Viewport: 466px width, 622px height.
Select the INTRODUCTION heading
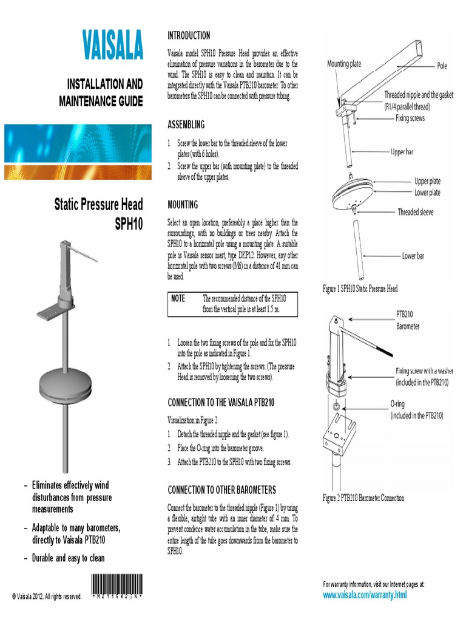click(189, 36)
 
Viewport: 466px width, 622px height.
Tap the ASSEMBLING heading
click(186, 125)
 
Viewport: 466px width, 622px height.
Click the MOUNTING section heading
click(182, 205)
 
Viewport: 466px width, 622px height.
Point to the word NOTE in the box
click(178, 298)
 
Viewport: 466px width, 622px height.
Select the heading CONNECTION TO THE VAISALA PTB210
click(221, 402)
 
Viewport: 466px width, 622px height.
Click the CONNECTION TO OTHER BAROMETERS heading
click(221, 490)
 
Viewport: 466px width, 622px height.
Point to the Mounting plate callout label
click(344, 63)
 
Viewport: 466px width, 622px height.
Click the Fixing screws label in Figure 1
click(410, 118)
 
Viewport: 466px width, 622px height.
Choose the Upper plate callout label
click(427, 181)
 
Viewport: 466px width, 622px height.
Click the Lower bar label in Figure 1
click(417, 256)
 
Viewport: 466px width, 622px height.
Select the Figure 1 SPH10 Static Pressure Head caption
click(360, 289)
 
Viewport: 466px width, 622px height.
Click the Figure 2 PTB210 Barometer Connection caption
click(363, 498)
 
